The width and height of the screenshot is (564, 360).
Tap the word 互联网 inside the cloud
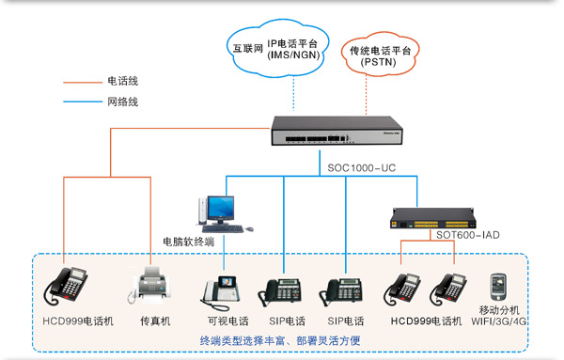[x=248, y=44]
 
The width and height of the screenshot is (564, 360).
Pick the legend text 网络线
[x=123, y=102]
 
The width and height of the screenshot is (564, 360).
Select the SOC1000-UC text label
[x=361, y=169]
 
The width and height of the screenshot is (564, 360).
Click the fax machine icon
[x=154, y=286]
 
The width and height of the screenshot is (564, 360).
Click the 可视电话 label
[x=226, y=321]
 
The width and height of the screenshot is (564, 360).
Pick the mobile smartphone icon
[x=498, y=286]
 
